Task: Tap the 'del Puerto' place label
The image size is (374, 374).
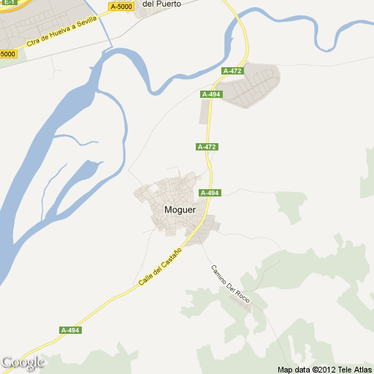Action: (161, 4)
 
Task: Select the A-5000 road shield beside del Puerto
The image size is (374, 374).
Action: (121, 7)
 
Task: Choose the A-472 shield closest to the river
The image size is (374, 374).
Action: (232, 71)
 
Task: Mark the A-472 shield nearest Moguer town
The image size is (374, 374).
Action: (207, 147)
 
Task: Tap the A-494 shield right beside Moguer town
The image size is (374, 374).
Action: (210, 193)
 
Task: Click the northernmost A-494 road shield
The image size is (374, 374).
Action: (210, 94)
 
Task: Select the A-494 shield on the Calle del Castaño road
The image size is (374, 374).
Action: (70, 330)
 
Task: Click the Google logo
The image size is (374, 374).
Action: (23, 362)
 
